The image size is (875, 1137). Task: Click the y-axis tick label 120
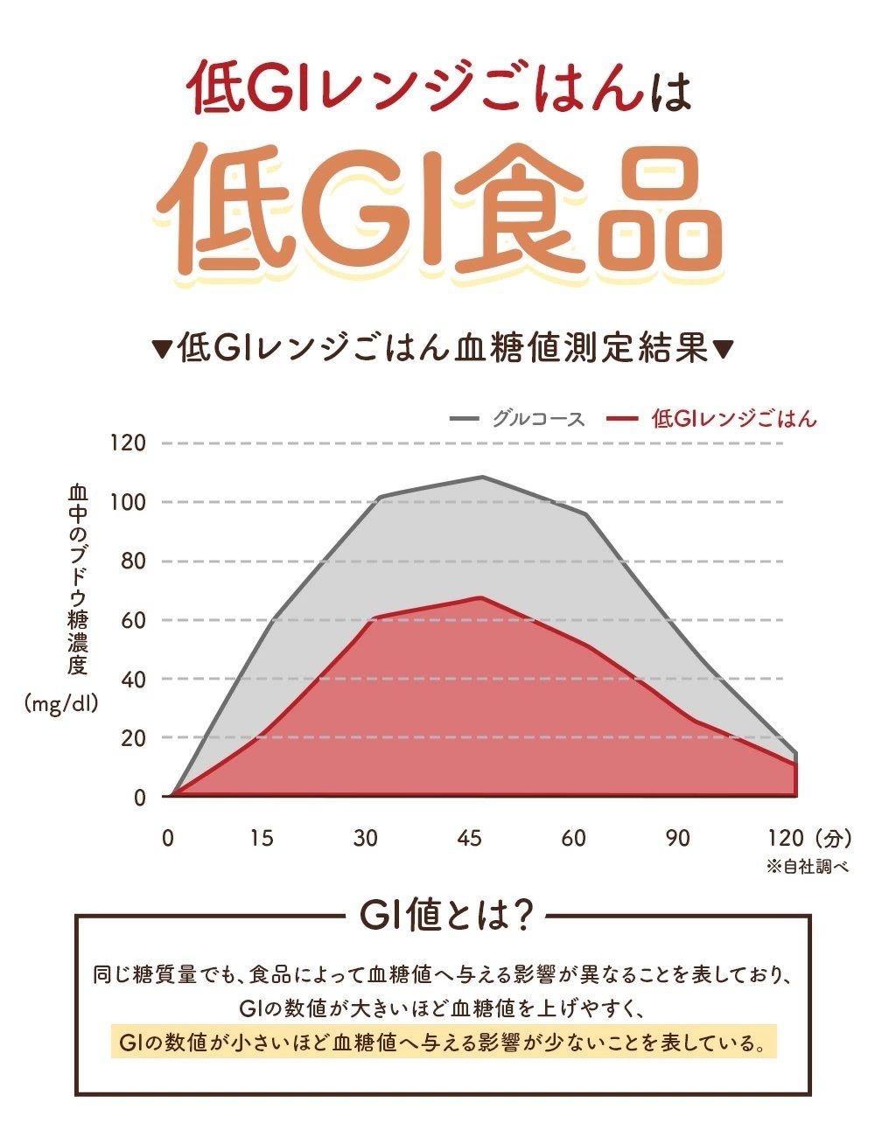(x=126, y=443)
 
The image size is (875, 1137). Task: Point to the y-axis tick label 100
(x=126, y=502)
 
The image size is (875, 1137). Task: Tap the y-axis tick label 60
(x=132, y=620)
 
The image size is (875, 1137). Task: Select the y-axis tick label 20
(x=132, y=738)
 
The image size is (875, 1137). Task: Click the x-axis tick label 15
(x=262, y=838)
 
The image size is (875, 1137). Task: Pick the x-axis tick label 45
(x=470, y=838)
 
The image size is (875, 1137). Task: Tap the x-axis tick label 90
(x=677, y=838)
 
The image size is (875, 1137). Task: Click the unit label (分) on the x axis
(x=831, y=838)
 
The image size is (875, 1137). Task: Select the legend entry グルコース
(x=537, y=419)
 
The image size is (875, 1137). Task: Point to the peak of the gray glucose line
(x=482, y=478)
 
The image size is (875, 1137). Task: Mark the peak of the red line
(x=480, y=597)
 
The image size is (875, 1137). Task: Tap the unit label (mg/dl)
(x=62, y=703)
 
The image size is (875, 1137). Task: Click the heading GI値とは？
(x=446, y=917)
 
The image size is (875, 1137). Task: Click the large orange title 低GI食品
(x=442, y=212)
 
